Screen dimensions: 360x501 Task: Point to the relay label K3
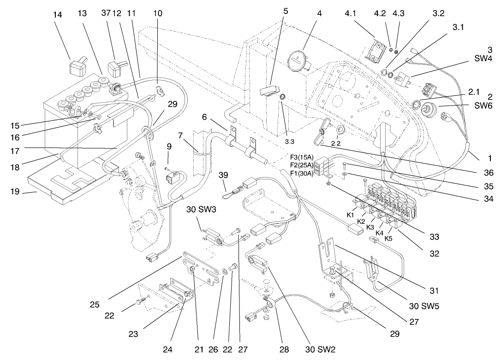370,227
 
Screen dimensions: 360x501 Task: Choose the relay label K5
389,239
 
